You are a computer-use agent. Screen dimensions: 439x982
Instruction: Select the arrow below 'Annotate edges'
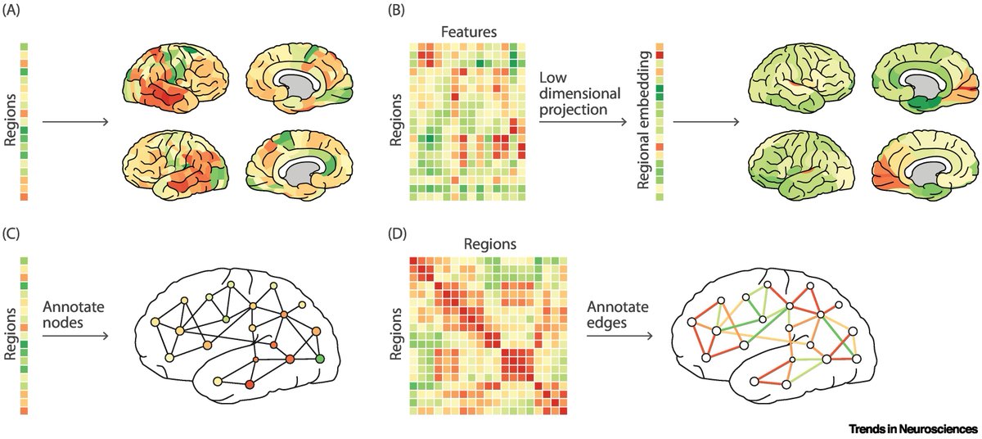(619, 337)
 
